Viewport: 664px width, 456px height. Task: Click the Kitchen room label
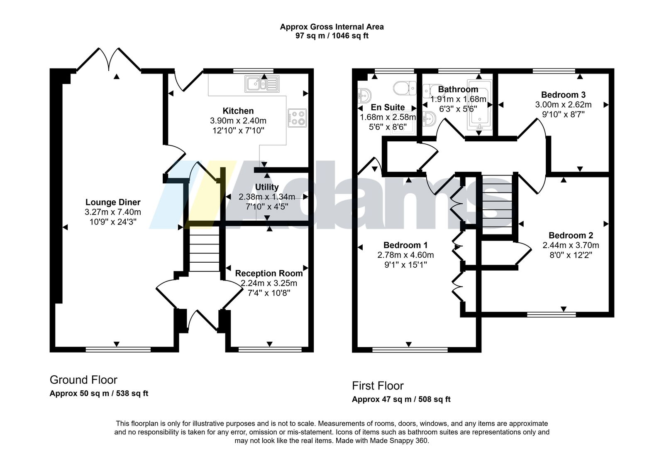238,111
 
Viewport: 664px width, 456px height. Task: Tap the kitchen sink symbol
262,84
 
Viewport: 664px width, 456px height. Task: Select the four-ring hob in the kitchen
297,118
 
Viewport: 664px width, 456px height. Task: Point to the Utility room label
267,187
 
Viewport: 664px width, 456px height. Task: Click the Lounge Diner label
113,202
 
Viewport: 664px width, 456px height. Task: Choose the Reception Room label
269,274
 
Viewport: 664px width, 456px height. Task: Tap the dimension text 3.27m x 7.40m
113,212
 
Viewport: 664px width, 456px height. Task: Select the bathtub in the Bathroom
479,105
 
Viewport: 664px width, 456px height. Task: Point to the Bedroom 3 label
563,95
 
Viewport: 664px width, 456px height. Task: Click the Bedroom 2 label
571,235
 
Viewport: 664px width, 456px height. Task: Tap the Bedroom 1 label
405,245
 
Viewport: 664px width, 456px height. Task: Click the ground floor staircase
204,249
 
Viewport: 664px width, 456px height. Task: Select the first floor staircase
497,205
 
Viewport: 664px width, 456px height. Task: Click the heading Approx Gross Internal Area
332,27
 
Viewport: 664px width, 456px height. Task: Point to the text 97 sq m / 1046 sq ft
332,36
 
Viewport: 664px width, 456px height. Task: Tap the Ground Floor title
83,380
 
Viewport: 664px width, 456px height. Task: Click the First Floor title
378,386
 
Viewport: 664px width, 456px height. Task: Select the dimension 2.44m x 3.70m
571,246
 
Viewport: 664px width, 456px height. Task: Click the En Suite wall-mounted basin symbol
364,95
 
